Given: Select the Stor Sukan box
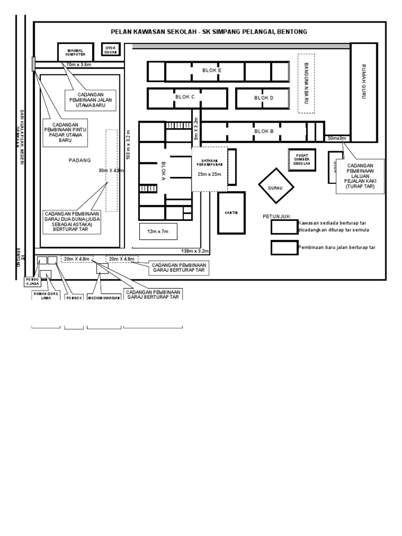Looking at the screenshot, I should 110,50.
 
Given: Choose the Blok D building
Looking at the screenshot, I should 263,98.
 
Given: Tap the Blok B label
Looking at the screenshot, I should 264,131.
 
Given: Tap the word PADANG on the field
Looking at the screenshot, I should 80,160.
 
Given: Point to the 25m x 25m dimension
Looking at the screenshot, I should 209,174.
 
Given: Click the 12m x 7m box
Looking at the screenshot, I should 157,230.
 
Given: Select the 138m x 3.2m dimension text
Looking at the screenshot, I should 195,251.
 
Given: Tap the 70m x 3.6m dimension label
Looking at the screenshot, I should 79,64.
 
